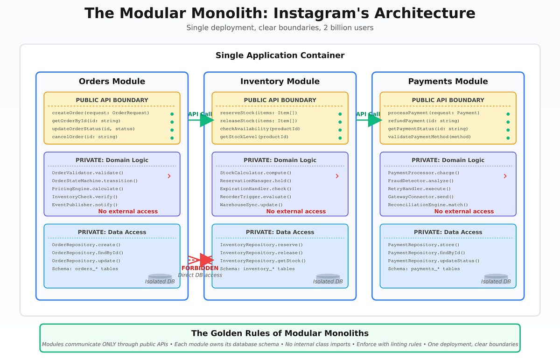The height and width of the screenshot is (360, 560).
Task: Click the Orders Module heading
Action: pyautogui.click(x=112, y=82)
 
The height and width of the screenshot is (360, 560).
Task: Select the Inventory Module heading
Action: pyautogui.click(x=280, y=82)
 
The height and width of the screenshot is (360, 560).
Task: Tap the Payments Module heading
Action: pyautogui.click(x=448, y=82)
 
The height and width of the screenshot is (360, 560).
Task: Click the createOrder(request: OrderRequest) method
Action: pyautogui.click(x=100, y=113)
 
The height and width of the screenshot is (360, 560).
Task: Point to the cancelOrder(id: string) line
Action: pyautogui.click(x=85, y=137)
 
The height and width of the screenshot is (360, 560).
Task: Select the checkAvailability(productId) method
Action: pyautogui.click(x=260, y=129)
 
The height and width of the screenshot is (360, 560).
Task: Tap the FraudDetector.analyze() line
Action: pyautogui.click(x=421, y=181)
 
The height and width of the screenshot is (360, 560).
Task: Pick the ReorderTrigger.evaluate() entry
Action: pyautogui.click(x=256, y=197)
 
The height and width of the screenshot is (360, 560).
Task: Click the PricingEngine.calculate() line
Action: pyautogui.click(x=88, y=189)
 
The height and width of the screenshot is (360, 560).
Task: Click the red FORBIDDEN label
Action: pyautogui.click(x=200, y=268)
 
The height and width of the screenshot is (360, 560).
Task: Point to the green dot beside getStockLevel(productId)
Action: pyautogui.click(x=340, y=138)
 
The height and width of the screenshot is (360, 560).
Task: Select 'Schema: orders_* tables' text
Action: pyautogui.click(x=85, y=269)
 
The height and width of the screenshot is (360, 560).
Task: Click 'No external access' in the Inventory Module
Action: pyautogui.click(x=296, y=212)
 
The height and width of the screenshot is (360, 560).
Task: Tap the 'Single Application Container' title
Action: pyautogui.click(x=280, y=55)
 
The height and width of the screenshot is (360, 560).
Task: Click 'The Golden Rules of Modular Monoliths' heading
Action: pyautogui.click(x=280, y=333)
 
